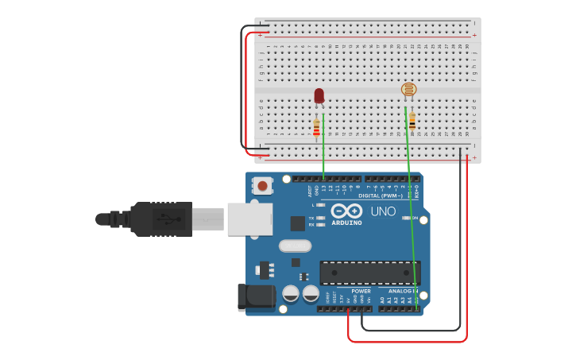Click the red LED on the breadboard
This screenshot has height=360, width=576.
(319, 96)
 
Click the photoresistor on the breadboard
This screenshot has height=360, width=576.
(409, 90)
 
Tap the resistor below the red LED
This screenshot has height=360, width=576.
(316, 127)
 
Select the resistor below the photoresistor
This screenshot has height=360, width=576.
(412, 122)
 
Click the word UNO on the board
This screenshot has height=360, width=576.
(383, 211)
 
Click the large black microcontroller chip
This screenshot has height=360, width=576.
(369, 272)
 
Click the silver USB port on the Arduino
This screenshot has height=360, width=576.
(249, 219)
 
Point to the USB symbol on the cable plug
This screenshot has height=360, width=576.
(164, 219)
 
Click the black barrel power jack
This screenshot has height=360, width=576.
(256, 297)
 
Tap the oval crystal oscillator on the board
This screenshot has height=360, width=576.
(295, 246)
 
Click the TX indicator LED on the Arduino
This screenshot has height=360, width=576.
(321, 217)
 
